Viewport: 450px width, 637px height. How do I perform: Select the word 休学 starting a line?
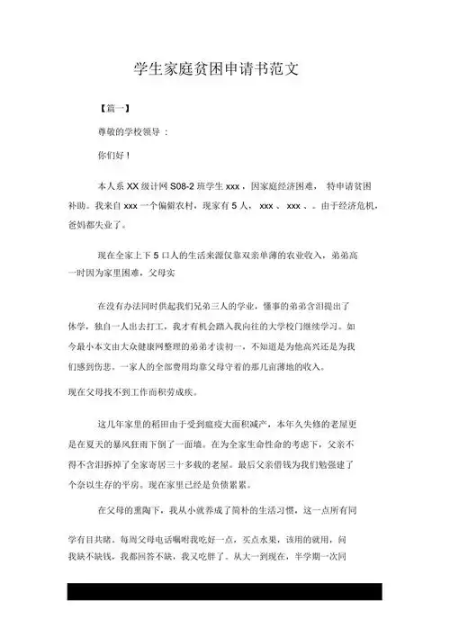pyautogui.click(x=77, y=325)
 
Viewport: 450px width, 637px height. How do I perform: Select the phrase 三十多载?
pyautogui.click(x=226, y=464)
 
